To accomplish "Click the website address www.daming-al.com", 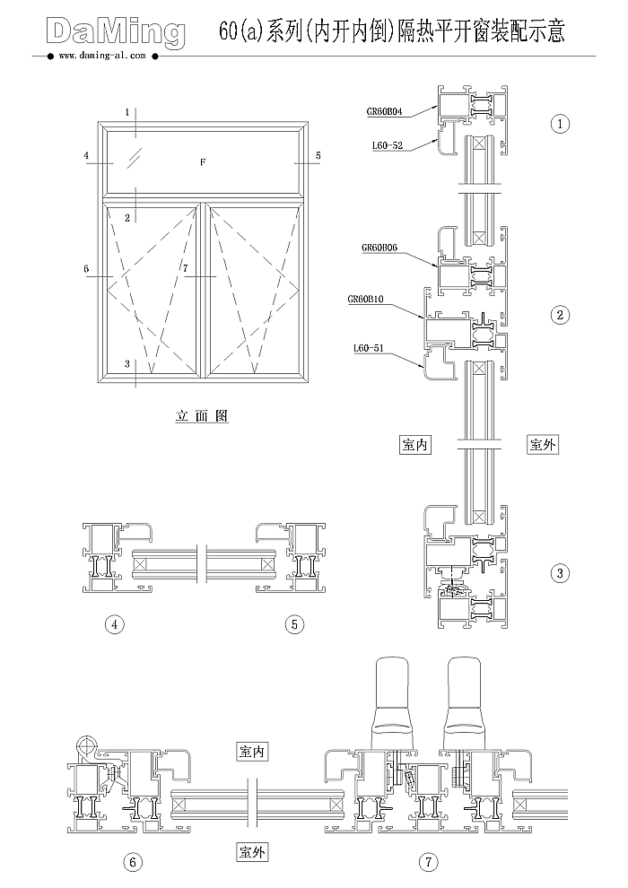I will click(100, 56).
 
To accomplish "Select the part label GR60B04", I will click(384, 111).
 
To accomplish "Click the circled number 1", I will click(561, 124).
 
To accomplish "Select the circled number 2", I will click(561, 314).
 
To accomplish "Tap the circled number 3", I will click(561, 572).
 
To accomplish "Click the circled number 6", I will click(133, 863).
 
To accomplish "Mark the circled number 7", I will click(429, 863).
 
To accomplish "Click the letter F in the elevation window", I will click(203, 162).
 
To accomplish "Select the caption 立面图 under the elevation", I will click(202, 416).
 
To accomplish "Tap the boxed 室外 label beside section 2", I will click(542, 444).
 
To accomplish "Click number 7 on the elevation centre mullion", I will click(185, 268).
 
